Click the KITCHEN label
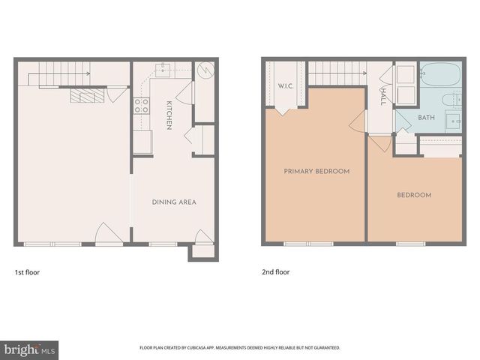pos(170,115)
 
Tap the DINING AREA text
pos(175,202)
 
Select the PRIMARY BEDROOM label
pos(316,171)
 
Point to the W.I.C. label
pos(284,85)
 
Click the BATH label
pos(426,118)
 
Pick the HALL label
pos(382,97)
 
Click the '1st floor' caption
pos(27,272)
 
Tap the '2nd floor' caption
pos(275,272)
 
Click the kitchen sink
pos(163,70)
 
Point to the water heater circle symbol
pos(206,70)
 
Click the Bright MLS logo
pos(29,349)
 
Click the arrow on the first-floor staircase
pos(88,73)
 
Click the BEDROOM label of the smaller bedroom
pos(414,195)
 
